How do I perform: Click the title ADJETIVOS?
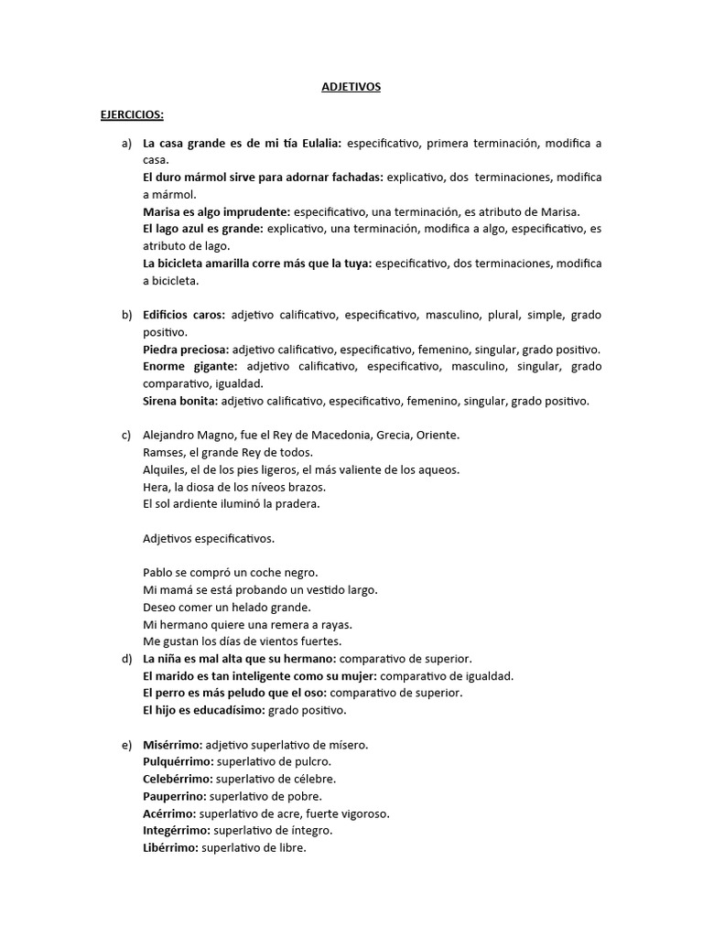coord(351,87)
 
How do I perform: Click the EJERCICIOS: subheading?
coord(132,115)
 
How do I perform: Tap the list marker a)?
coord(126,144)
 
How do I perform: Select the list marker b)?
coord(126,315)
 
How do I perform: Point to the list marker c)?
coord(126,435)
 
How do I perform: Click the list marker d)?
coord(126,658)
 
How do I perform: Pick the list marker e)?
coord(126,746)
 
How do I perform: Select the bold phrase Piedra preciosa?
coord(186,350)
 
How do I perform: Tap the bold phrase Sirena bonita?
coord(181,401)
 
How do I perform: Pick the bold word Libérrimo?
coord(169,848)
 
